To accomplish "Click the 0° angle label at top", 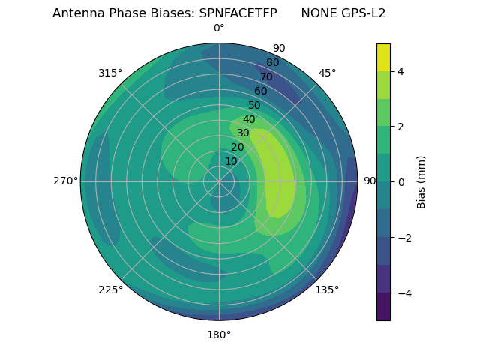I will tap(219, 28).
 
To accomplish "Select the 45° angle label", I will tap(327, 73).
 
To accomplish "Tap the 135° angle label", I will tap(327, 289).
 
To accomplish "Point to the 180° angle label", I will tap(219, 334).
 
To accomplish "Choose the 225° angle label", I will tap(110, 289).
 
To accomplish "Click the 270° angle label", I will tap(65, 181).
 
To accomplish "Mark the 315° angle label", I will tap(110, 73).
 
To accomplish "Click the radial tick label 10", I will tap(231, 161).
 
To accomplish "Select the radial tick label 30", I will tap(243, 133).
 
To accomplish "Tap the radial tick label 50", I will tap(255, 106).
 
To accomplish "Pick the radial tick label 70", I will tap(266, 77).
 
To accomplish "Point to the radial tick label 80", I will tap(272, 63).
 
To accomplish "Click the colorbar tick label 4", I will tap(400, 71).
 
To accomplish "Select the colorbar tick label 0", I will tap(400, 182).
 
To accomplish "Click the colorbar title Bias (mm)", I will tap(421, 182).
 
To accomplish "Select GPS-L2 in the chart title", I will tap(363, 13).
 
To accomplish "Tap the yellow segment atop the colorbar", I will tap(383, 57).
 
